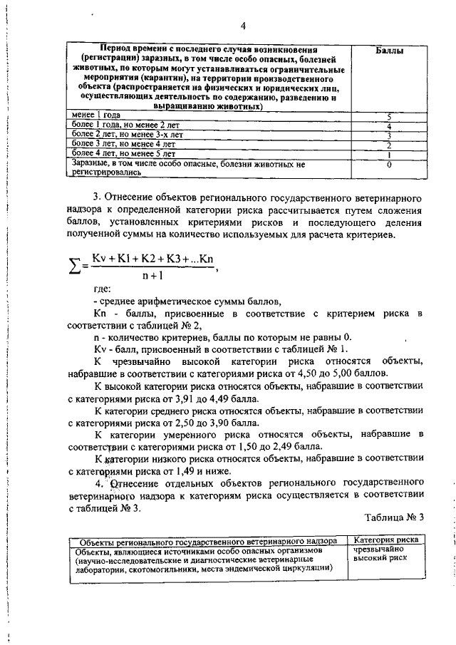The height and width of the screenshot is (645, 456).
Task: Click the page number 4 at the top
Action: (242, 26)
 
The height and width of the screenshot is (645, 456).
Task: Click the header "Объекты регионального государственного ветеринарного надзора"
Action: (203, 541)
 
